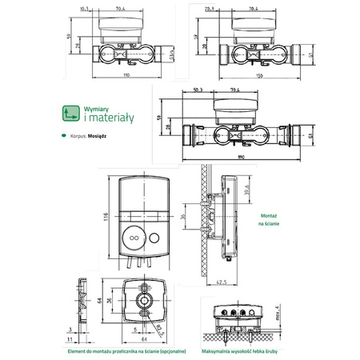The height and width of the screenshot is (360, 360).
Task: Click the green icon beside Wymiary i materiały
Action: click(70, 114)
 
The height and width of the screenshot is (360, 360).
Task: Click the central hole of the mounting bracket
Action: click(145, 300)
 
